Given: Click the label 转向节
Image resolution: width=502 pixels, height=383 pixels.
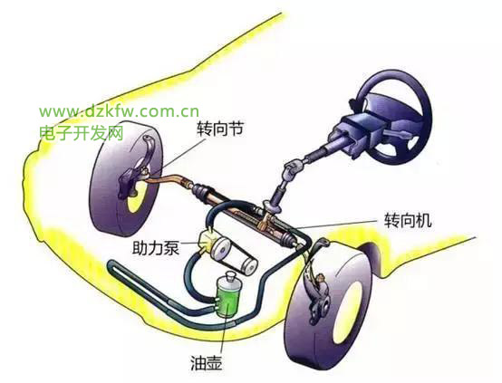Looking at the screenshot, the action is (x=219, y=129).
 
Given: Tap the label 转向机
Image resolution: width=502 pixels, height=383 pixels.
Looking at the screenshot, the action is (x=408, y=220).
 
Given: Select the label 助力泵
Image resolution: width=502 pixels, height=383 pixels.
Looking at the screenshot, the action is (x=156, y=247).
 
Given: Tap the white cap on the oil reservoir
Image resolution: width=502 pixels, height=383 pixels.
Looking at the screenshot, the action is (x=230, y=276).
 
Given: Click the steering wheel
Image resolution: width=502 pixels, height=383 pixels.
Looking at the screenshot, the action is (x=394, y=116).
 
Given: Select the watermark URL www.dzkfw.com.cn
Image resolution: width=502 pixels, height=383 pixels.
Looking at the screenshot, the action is (x=119, y=111).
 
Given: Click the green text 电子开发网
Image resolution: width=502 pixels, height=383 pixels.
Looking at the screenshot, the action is (x=82, y=132).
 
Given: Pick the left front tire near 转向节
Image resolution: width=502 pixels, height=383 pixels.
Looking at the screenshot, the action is (x=126, y=177).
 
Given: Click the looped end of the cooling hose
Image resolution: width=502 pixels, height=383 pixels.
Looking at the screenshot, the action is (x=112, y=269).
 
